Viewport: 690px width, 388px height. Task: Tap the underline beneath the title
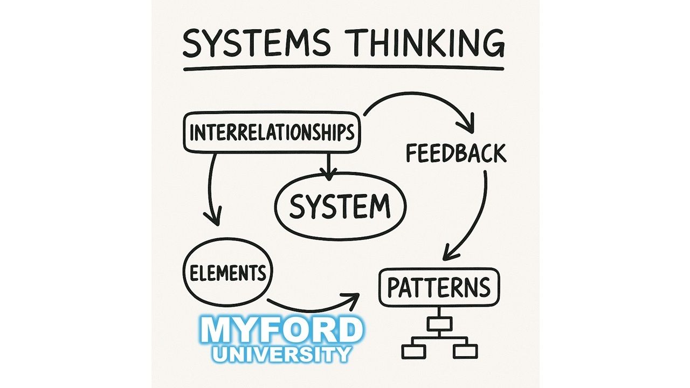(343, 69)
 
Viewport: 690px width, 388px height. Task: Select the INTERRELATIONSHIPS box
(272, 133)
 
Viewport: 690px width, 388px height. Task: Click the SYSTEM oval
(340, 206)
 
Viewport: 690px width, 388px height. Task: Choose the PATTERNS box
(439, 287)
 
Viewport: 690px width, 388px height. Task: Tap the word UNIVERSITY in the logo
(281, 354)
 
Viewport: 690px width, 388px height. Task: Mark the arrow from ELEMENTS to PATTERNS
(313, 307)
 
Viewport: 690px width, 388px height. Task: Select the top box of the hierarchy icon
(438, 323)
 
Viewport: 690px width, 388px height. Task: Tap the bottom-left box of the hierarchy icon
(414, 351)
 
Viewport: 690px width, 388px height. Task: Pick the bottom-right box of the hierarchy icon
(465, 351)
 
